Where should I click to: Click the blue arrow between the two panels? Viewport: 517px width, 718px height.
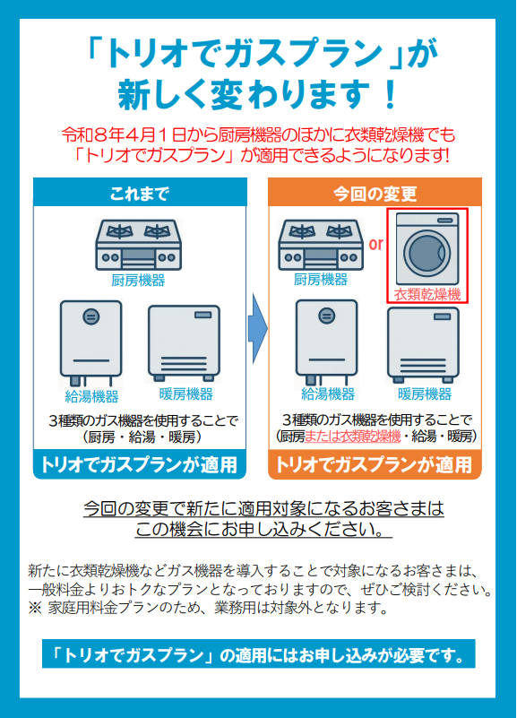tap(257, 329)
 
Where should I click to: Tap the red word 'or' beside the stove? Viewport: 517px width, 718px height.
tap(375, 244)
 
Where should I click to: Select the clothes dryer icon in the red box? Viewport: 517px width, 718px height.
tap(427, 249)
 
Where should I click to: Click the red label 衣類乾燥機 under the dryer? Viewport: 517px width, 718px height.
tap(427, 294)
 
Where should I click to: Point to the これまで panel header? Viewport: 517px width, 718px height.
tap(140, 193)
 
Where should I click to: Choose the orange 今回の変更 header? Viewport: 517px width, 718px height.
tap(375, 193)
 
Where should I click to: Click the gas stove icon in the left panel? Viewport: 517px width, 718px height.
tap(138, 245)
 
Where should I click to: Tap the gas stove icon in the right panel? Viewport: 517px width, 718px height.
tap(321, 245)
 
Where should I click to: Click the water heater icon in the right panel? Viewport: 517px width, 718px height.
tap(327, 342)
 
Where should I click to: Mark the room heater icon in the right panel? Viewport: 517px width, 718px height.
tap(423, 345)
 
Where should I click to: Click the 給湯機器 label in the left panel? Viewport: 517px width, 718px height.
tap(91, 396)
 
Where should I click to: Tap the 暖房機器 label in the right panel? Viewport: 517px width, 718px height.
tap(425, 394)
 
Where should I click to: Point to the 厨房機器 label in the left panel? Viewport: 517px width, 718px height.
tap(138, 281)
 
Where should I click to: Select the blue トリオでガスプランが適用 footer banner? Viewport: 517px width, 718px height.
tap(140, 464)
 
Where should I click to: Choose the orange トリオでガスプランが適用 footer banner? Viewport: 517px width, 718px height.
tap(375, 464)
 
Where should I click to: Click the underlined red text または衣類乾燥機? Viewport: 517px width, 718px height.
tap(352, 436)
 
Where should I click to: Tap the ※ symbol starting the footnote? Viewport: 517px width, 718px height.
tap(35, 608)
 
